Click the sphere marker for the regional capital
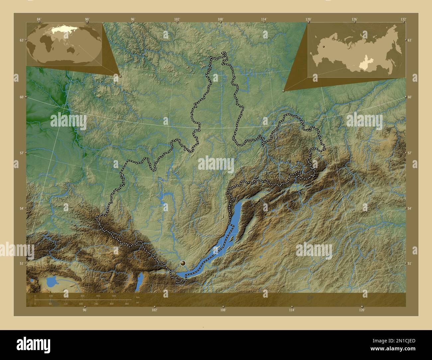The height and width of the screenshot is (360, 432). coord(182,263)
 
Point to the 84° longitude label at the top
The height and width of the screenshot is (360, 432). coord(39,19)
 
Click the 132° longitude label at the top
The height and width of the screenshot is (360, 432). coord(403,19)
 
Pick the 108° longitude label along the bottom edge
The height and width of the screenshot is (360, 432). coord(223,310)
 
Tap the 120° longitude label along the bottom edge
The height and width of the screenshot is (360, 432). coord(362,310)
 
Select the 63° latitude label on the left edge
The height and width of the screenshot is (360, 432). coord(22,40)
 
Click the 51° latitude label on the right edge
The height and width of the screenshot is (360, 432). coord(409,263)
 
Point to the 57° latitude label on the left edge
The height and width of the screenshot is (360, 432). coord(22,153)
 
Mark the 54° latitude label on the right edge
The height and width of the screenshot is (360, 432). coord(409,208)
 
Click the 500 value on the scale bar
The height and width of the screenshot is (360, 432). coord(114,296)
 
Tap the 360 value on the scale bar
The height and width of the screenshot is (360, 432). coord(127,304)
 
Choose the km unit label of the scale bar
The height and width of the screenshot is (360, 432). coord(138,297)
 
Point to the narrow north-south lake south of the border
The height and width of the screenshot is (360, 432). coord(140,281)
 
